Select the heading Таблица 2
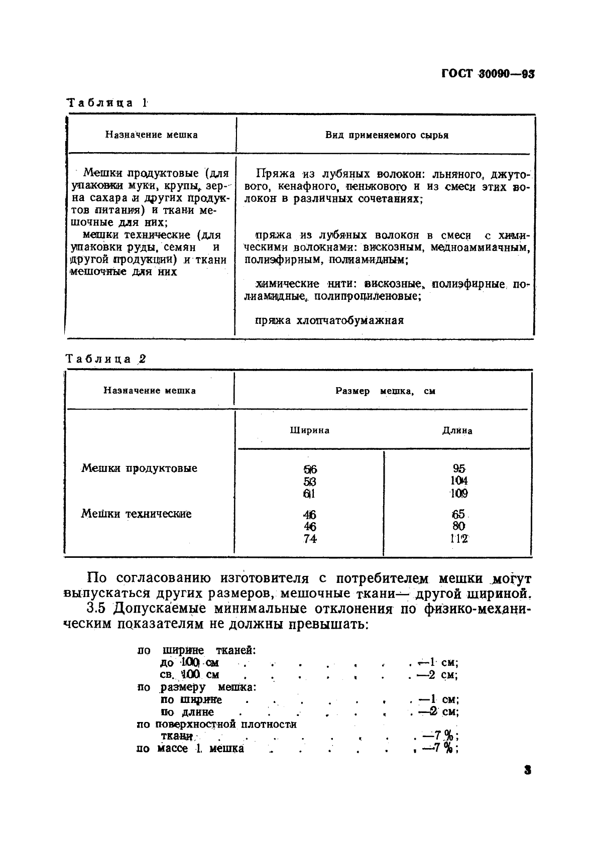[x=106, y=359]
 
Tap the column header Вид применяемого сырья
[x=386, y=135]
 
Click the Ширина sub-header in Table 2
[x=309, y=430]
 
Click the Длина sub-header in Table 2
[x=457, y=430]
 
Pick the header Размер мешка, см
[x=385, y=391]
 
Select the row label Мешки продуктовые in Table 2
[x=139, y=468]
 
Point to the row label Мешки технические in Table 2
[x=136, y=514]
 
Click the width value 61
[x=309, y=494]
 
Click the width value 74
[x=310, y=539]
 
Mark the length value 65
[x=458, y=514]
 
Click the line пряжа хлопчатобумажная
[x=329, y=320]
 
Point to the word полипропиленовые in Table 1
[x=367, y=296]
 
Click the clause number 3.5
[x=97, y=608]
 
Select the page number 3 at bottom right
[x=527, y=770]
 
